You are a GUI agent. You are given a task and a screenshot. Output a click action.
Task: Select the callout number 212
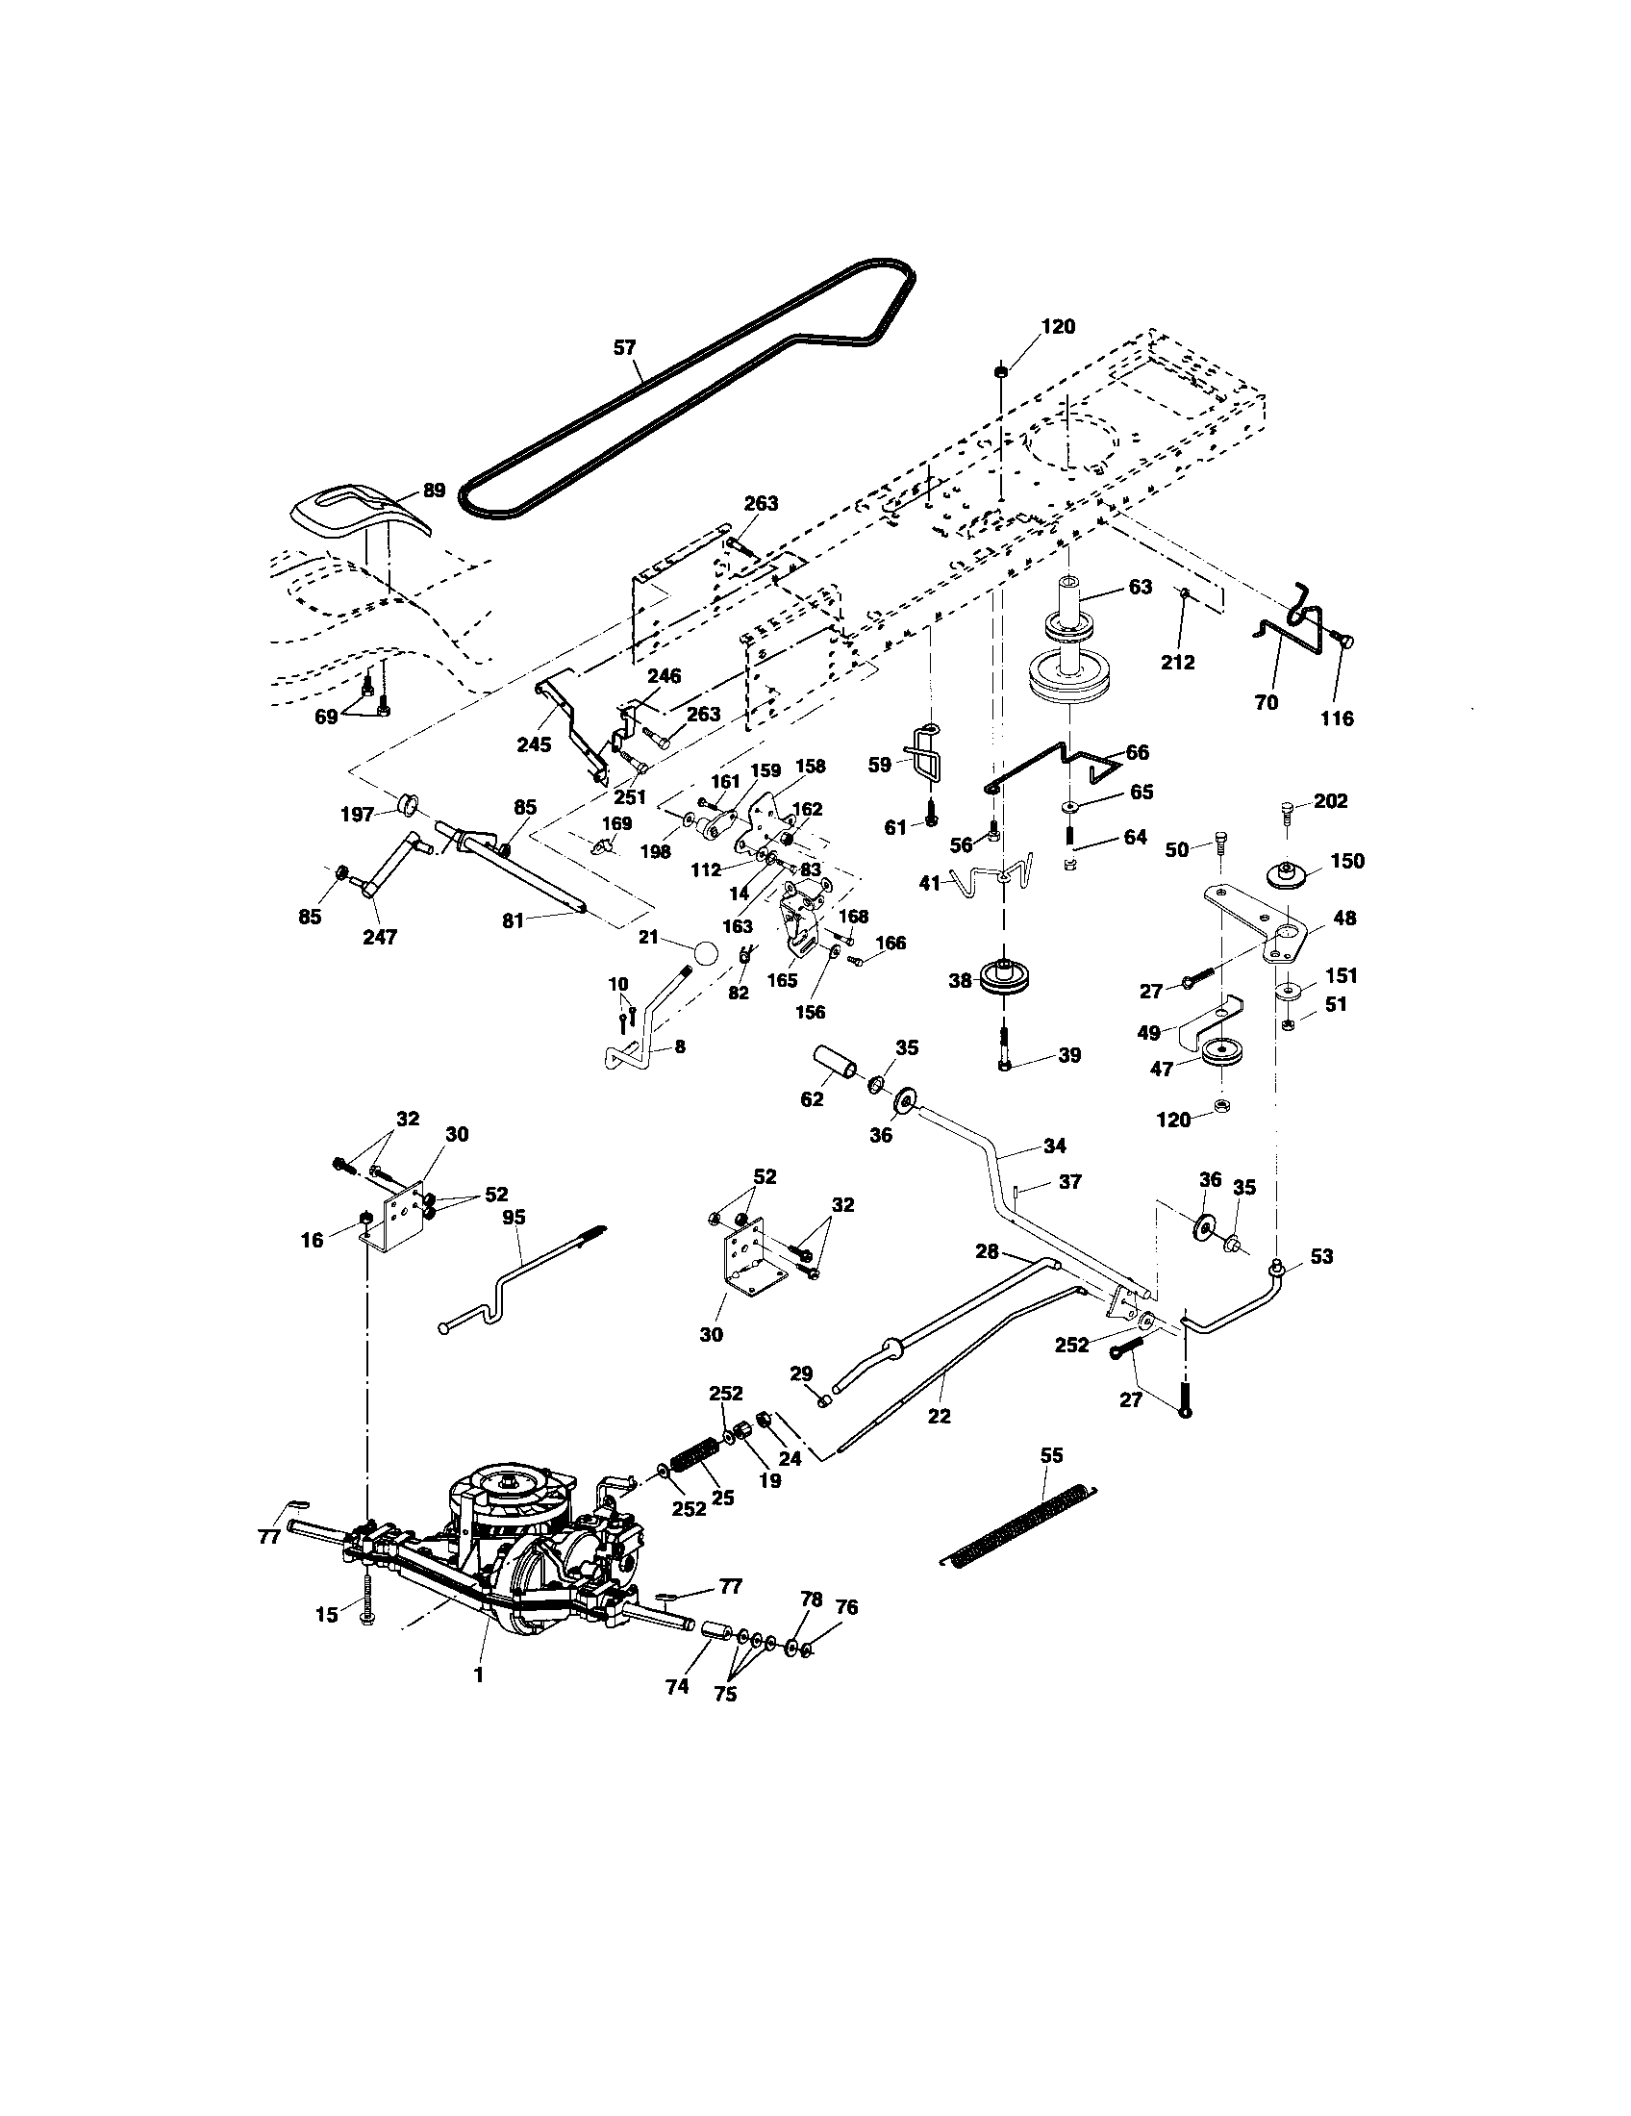(x=1178, y=663)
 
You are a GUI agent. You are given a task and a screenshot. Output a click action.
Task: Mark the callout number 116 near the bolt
(x=1338, y=718)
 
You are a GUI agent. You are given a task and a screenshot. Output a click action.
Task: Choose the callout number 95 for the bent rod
(x=513, y=1217)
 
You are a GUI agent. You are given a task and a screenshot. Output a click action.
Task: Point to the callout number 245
(x=534, y=744)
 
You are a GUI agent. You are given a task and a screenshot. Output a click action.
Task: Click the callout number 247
(x=379, y=937)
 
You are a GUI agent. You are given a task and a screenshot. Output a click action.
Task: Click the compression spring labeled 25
(x=693, y=1458)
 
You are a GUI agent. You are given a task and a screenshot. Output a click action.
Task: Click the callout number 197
(x=358, y=815)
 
